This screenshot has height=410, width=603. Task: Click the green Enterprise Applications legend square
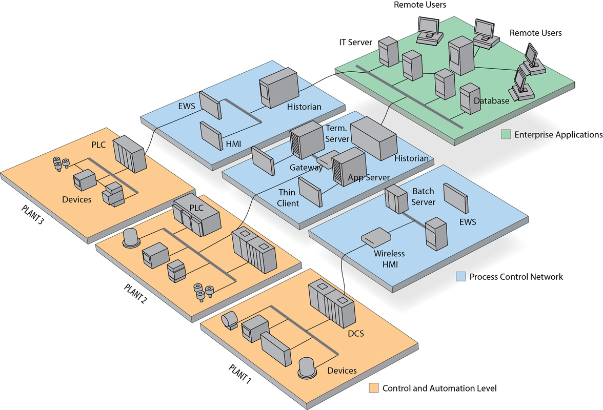(506, 135)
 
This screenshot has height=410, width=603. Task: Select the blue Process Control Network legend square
(460, 277)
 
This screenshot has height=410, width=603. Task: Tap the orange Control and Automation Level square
(374, 388)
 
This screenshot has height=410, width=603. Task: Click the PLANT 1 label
(239, 375)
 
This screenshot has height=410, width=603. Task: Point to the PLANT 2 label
(135, 294)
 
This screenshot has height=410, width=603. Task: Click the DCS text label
(355, 334)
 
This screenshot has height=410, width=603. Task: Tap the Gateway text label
(306, 168)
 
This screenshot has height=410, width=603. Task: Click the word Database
(491, 101)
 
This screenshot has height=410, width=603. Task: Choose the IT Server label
(355, 43)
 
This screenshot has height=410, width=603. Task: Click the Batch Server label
(424, 197)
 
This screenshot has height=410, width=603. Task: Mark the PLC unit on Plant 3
(130, 154)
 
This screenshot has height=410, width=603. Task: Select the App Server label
(369, 178)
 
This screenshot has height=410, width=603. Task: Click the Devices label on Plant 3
(77, 199)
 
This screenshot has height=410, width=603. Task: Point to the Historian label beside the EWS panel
(304, 107)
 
